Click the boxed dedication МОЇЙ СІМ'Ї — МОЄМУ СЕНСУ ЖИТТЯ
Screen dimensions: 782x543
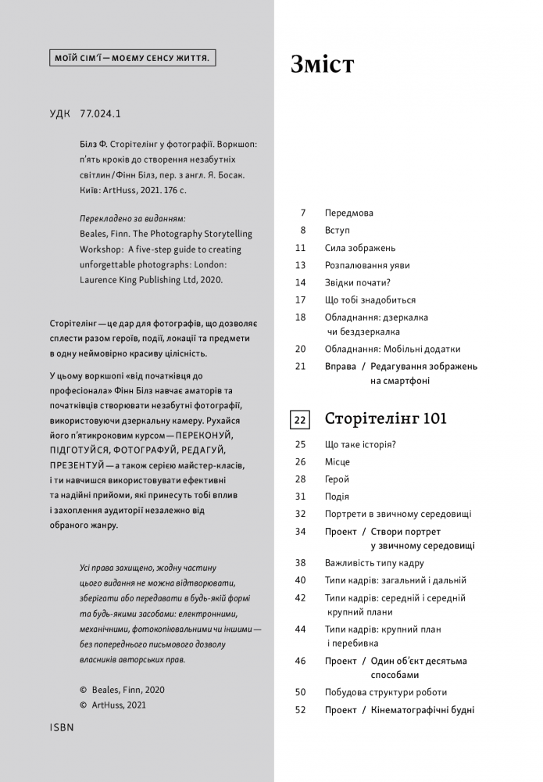click(x=133, y=59)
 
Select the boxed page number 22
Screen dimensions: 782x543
click(x=300, y=420)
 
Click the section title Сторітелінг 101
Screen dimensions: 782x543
click(x=385, y=419)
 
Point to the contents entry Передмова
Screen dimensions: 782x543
click(x=349, y=213)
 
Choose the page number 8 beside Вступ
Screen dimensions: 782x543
click(x=302, y=230)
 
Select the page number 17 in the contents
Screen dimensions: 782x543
click(x=300, y=300)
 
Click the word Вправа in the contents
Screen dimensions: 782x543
click(x=340, y=366)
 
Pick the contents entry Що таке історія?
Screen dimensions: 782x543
click(x=360, y=444)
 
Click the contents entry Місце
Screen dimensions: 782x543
click(x=338, y=462)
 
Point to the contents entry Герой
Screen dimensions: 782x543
click(x=337, y=479)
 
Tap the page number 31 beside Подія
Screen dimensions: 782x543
click(x=300, y=497)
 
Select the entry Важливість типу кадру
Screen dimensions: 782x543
click(x=374, y=562)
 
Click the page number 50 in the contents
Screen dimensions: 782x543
click(x=300, y=692)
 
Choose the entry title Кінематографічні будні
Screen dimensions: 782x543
click(x=423, y=710)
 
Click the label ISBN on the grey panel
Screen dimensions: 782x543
click(x=61, y=726)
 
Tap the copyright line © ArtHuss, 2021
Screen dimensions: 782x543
click(x=113, y=705)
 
